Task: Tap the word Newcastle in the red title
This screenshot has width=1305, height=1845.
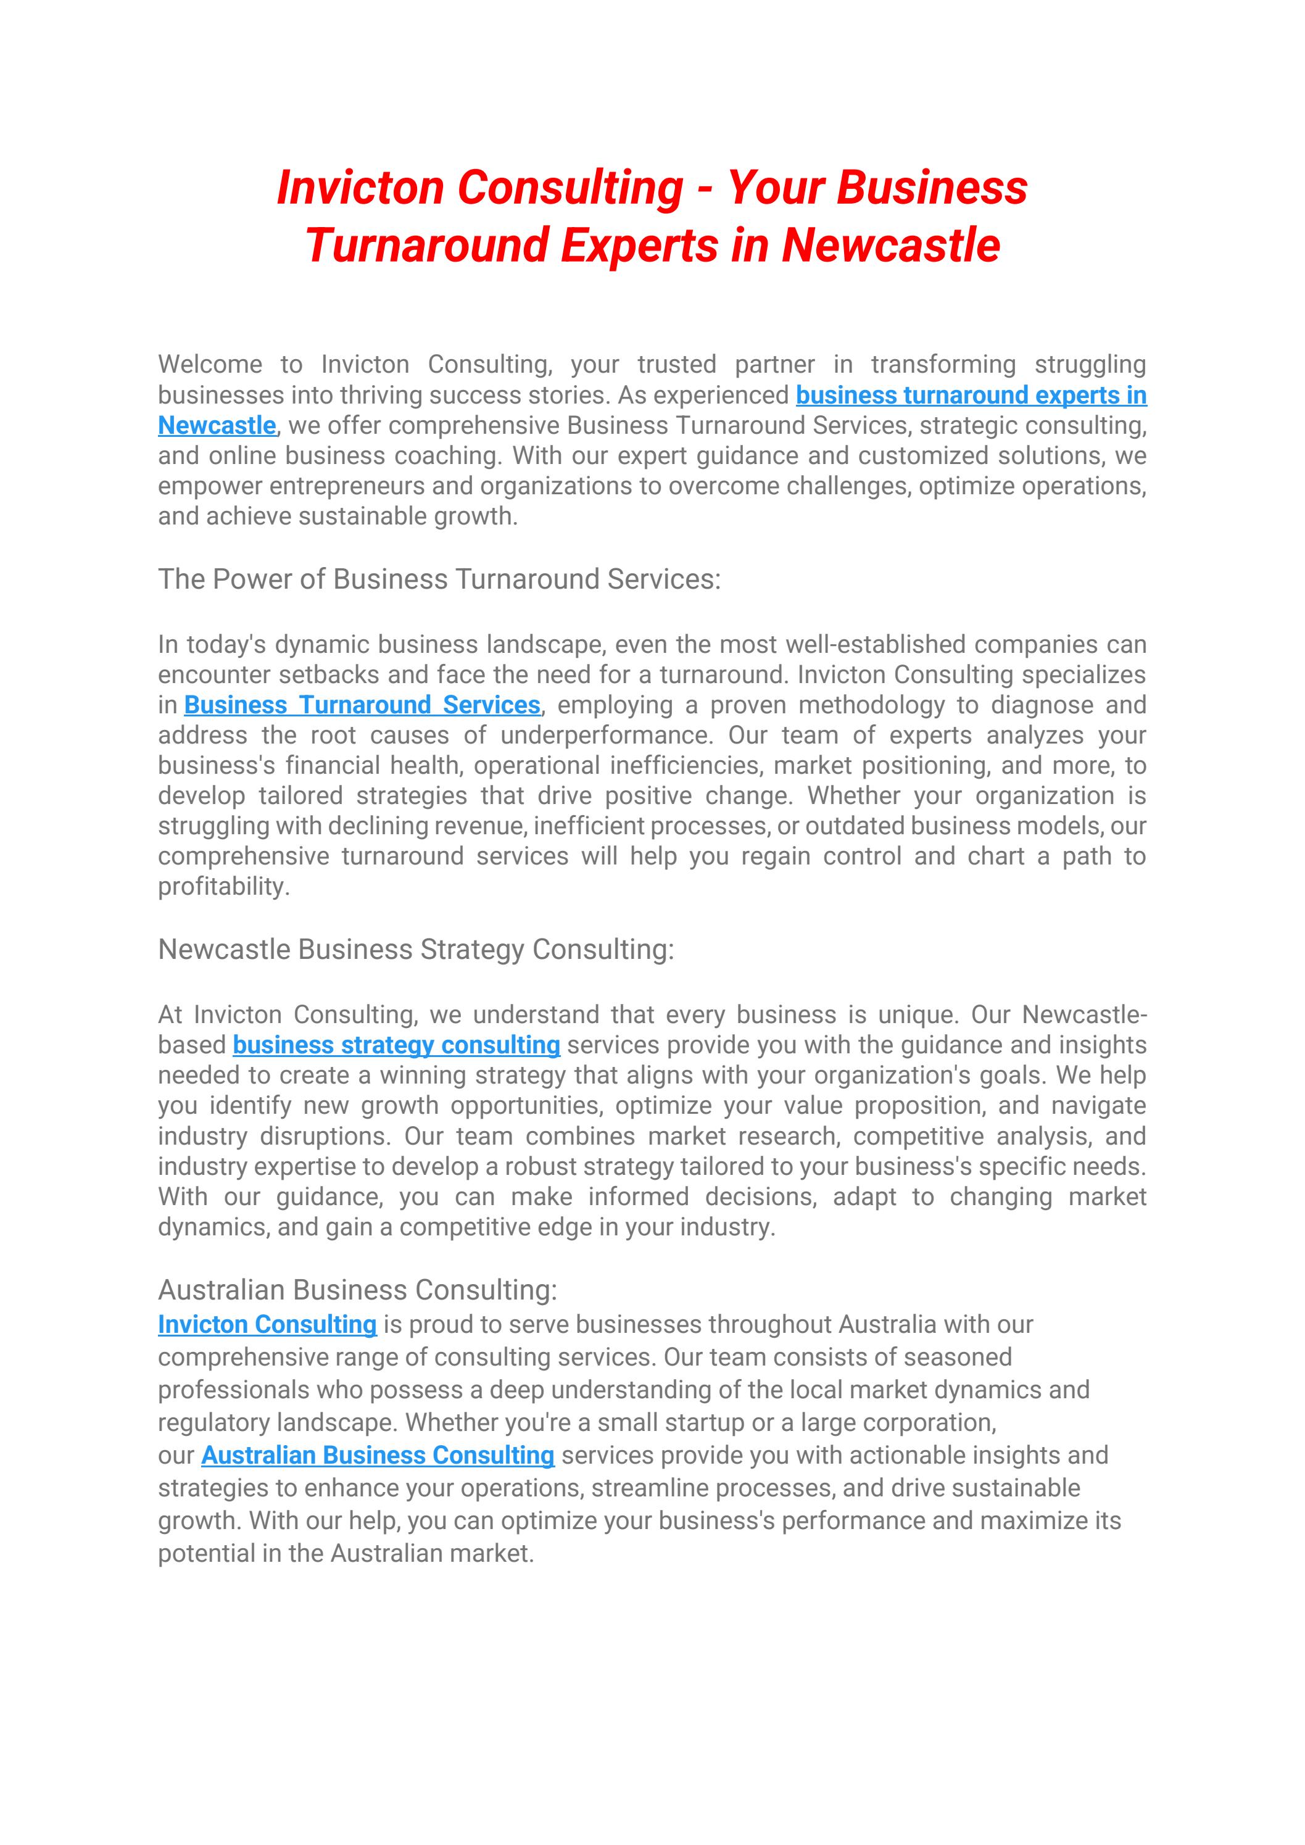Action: click(x=890, y=245)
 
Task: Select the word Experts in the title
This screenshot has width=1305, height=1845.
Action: click(x=639, y=245)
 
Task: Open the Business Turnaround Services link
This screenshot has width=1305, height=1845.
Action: click(x=362, y=705)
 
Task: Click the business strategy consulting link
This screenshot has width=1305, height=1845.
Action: click(x=396, y=1045)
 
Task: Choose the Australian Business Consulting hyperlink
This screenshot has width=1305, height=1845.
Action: click(x=378, y=1454)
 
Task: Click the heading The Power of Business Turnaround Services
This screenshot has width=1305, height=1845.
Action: click(x=439, y=579)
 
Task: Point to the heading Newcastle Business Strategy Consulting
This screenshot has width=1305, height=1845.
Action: click(x=415, y=949)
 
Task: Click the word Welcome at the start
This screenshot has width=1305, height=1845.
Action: click(x=210, y=364)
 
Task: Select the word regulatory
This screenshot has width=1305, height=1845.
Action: click(x=213, y=1422)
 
